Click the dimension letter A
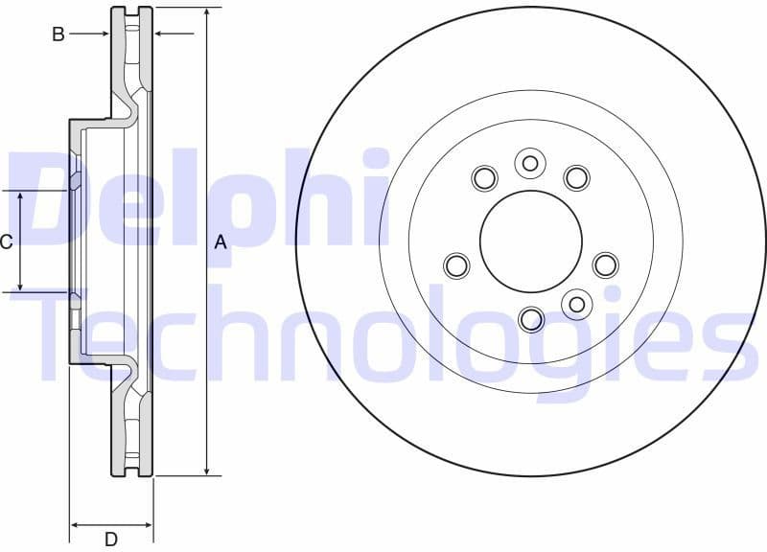click(x=221, y=242)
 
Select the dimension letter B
click(x=58, y=34)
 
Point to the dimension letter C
click(x=7, y=241)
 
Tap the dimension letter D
click(x=111, y=540)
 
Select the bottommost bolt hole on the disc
click(x=530, y=318)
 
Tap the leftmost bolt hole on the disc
click(x=456, y=264)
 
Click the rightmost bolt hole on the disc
click(x=605, y=264)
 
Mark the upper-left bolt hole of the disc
click(x=485, y=177)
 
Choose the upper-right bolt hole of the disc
click(x=575, y=177)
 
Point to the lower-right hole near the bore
click(x=575, y=305)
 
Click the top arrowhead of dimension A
click(x=206, y=12)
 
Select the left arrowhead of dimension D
click(x=75, y=525)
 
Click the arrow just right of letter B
click(x=105, y=34)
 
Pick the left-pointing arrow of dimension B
click(x=160, y=34)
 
